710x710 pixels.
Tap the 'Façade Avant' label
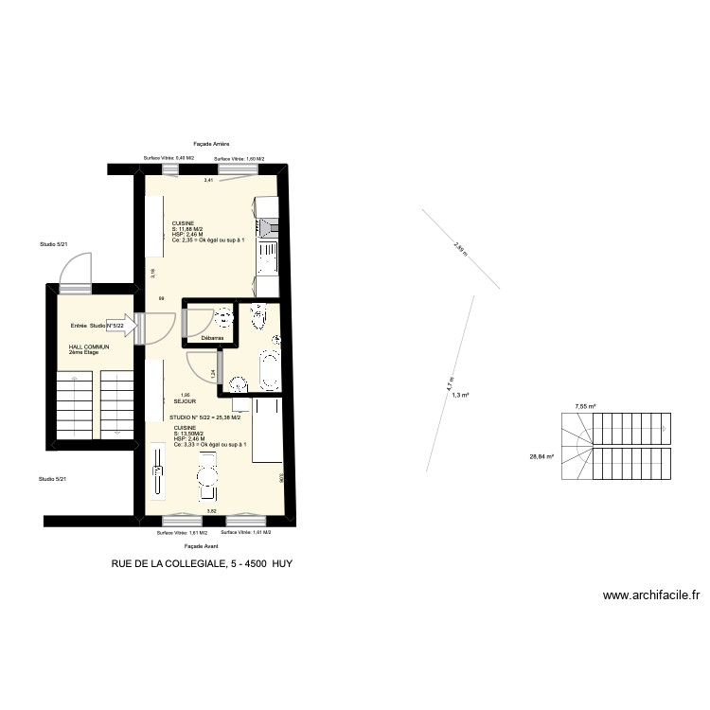coord(201,546)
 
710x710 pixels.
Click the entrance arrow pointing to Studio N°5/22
coord(124,326)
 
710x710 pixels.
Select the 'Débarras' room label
coord(212,338)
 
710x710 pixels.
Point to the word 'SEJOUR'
coord(184,401)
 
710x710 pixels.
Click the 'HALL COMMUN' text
coord(89,346)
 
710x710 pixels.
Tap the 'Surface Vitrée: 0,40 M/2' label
coord(169,158)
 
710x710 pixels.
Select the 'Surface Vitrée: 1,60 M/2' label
coord(239,158)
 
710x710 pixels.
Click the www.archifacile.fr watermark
coord(650,595)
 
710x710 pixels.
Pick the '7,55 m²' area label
coord(586,407)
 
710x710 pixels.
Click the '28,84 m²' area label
coord(541,456)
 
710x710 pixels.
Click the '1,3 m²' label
coord(461,396)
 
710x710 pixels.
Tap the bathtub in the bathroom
coord(268,368)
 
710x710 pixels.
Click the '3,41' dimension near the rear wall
coord(209,179)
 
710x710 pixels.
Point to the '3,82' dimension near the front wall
coord(212,511)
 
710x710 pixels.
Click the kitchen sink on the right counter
coord(266,250)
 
